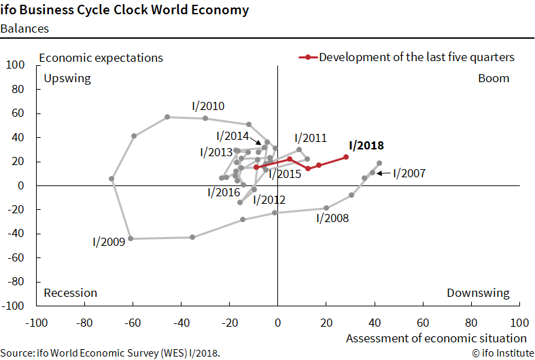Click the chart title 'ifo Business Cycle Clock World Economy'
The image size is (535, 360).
[x=124, y=10]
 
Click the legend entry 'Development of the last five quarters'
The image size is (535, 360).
[x=416, y=57]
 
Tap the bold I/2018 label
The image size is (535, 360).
[x=366, y=145]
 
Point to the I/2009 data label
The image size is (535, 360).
[x=109, y=241]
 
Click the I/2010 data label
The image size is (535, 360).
[x=208, y=106]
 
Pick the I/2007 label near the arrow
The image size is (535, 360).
[x=409, y=173]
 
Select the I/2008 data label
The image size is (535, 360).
[x=332, y=218]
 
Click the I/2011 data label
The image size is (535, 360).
[x=311, y=138]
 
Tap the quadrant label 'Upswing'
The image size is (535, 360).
[x=67, y=78]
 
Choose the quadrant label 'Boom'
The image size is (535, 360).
[x=494, y=78]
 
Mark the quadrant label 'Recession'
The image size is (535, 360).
[x=71, y=293]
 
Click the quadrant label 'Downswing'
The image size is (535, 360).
[x=478, y=293]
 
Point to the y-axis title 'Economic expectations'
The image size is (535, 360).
[x=101, y=58]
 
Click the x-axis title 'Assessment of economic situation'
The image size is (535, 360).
[x=436, y=338]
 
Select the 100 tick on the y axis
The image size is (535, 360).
[x=16, y=65]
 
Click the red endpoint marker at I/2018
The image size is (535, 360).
[x=346, y=157]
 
